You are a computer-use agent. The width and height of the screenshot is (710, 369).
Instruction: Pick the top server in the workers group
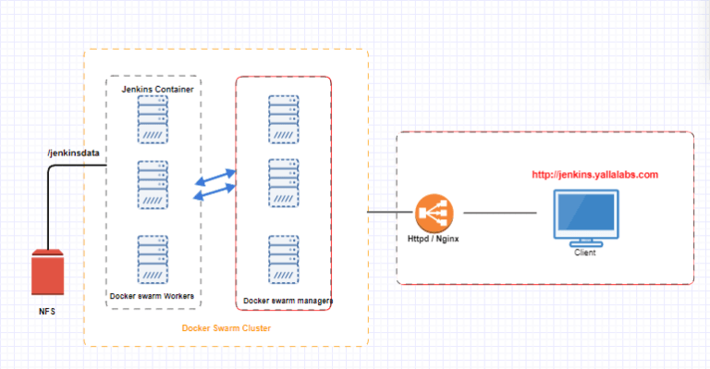[x=153, y=121]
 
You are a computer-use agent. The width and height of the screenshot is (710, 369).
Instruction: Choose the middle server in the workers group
[x=153, y=186]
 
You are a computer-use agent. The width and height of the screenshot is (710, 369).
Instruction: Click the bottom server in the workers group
[x=153, y=259]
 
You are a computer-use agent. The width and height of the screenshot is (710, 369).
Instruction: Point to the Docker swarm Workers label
[x=153, y=296]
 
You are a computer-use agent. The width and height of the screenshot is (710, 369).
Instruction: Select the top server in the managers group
[x=283, y=118]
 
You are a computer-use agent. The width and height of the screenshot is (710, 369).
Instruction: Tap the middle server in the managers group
[x=283, y=183]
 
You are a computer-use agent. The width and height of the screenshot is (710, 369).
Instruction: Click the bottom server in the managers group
[x=283, y=259]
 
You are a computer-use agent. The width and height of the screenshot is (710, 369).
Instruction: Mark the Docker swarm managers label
[x=288, y=301]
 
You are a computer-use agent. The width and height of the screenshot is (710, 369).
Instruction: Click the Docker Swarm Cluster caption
[x=226, y=329]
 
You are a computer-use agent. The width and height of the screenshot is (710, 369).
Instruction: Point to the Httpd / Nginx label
[x=434, y=242]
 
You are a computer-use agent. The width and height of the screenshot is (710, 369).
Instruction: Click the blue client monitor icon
[x=584, y=215]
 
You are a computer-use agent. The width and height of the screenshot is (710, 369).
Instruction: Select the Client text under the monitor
[x=584, y=252]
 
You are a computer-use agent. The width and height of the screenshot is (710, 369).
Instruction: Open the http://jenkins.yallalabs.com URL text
[x=594, y=174]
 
